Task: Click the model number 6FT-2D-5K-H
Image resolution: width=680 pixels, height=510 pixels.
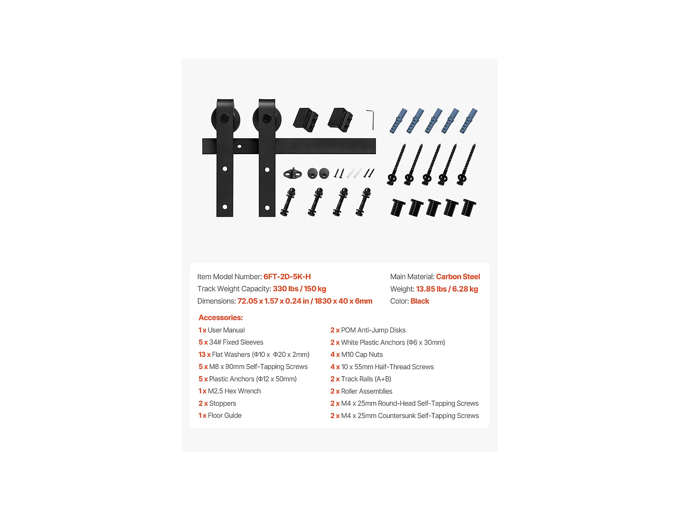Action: [287, 277]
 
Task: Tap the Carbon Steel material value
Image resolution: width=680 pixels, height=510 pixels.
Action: [457, 277]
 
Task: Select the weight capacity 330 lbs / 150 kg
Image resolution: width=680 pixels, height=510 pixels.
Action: [299, 289]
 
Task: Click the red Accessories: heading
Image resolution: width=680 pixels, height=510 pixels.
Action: [221, 318]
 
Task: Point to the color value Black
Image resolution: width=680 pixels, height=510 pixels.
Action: [420, 301]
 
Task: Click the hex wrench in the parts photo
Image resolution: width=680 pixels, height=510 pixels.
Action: [371, 119]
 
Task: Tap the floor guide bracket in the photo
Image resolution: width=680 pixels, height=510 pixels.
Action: [292, 173]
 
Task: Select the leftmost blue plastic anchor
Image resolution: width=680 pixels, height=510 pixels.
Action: [398, 121]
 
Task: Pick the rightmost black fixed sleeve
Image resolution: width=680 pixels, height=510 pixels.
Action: [468, 209]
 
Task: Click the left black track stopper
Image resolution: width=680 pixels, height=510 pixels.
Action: [306, 120]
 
